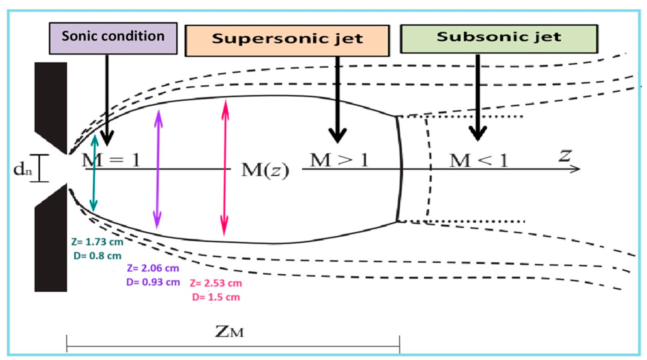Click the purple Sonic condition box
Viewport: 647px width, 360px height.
[113, 38]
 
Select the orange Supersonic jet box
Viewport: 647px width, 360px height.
[287, 41]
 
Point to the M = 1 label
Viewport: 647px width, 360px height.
[111, 160]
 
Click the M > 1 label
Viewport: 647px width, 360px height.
[339, 160]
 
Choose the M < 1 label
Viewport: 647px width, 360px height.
[479, 161]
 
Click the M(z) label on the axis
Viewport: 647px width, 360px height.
[265, 171]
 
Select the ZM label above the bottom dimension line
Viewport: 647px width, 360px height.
[230, 332]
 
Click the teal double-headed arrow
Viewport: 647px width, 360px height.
[94, 173]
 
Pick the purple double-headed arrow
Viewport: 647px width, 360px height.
[158, 169]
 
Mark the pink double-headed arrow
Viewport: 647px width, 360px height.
[225, 168]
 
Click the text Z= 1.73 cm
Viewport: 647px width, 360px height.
[97, 242]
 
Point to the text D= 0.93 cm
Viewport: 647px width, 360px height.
[153, 282]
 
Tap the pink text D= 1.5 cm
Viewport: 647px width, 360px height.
[216, 297]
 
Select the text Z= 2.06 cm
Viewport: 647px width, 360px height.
[153, 268]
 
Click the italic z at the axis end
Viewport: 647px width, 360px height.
[565, 156]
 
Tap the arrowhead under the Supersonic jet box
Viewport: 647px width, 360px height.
[338, 135]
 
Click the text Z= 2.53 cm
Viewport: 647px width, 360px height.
[216, 283]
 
